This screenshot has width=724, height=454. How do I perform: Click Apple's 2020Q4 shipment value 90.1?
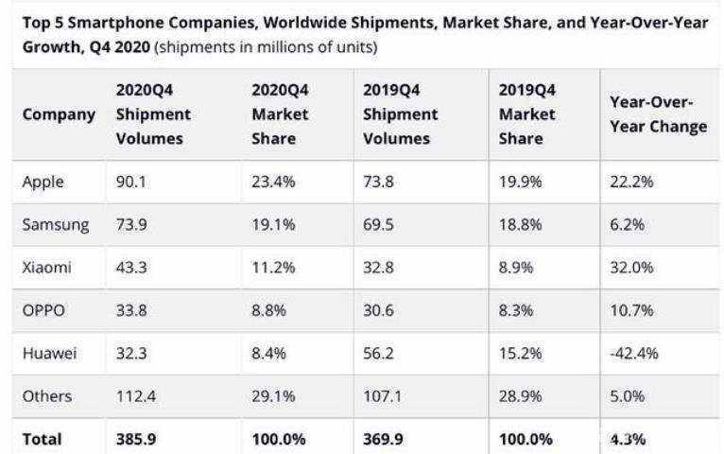[131, 183]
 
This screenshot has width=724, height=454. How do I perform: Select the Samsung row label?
[56, 225]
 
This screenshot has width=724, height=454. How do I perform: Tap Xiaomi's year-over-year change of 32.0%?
[630, 268]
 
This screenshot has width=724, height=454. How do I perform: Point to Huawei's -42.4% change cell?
[634, 353]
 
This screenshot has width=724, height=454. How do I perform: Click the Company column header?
[59, 114]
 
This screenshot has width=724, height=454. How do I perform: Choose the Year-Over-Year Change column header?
[658, 114]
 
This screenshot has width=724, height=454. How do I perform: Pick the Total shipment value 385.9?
[136, 439]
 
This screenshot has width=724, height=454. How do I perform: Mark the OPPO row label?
[44, 310]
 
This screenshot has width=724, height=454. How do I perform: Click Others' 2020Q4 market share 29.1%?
[273, 395]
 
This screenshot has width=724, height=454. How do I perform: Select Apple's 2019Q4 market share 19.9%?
[521, 183]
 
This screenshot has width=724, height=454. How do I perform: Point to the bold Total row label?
[42, 439]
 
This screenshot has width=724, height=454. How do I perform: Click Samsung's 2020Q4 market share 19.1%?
[273, 225]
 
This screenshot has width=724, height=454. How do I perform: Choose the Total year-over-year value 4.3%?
[627, 439]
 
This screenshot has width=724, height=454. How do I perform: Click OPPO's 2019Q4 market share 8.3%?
[516, 310]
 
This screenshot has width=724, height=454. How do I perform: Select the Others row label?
[46, 395]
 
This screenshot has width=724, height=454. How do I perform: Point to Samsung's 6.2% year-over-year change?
[626, 225]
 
